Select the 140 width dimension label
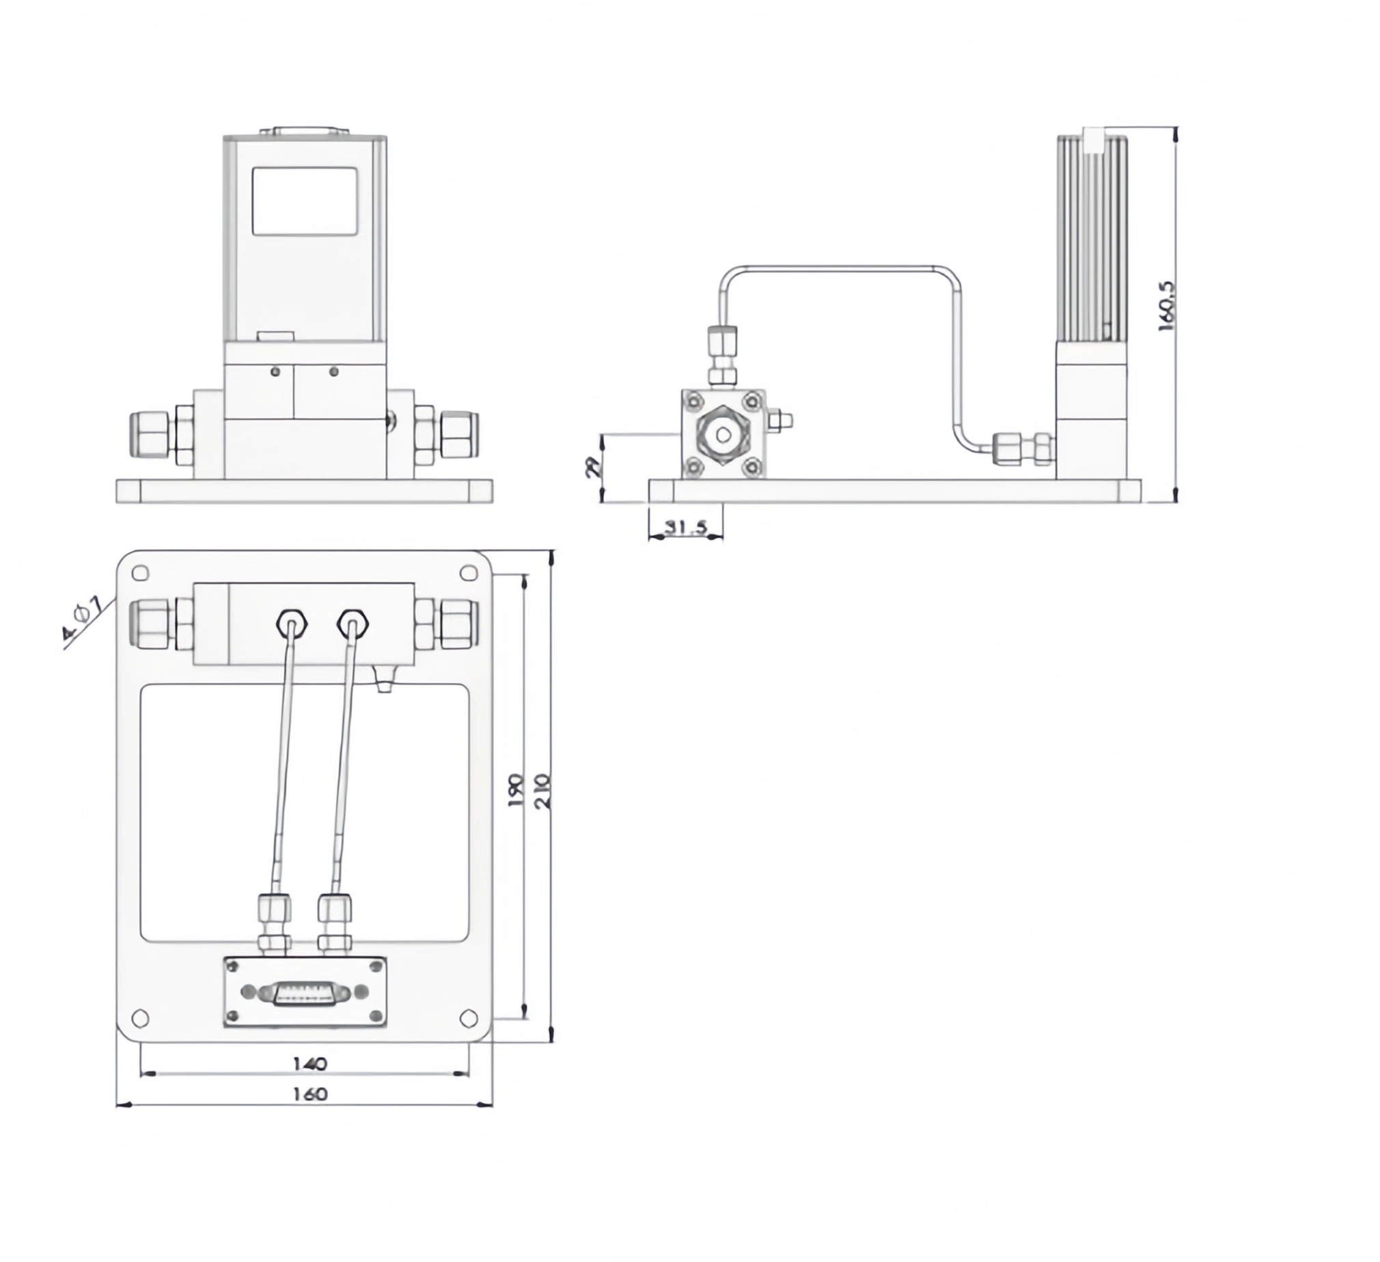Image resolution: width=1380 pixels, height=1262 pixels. [310, 1063]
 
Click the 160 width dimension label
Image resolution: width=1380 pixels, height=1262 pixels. [310, 1093]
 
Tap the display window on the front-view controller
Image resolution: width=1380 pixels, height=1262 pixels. [305, 202]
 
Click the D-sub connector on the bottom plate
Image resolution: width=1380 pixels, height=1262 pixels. [305, 993]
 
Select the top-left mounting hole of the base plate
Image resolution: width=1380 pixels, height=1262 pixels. [139, 573]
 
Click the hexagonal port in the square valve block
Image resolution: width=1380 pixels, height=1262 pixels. [723, 434]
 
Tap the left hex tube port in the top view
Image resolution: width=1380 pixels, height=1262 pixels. [292, 622]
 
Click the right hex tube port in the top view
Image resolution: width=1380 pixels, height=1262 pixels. [353, 622]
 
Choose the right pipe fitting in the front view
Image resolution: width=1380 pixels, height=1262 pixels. [459, 434]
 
